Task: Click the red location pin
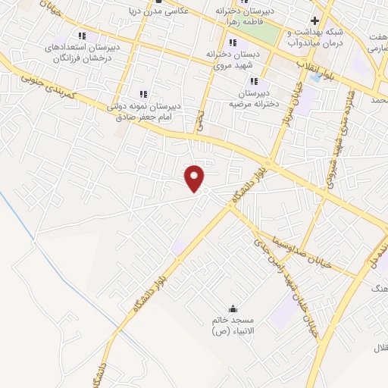click(x=196, y=177)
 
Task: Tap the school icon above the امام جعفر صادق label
click(x=143, y=94)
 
